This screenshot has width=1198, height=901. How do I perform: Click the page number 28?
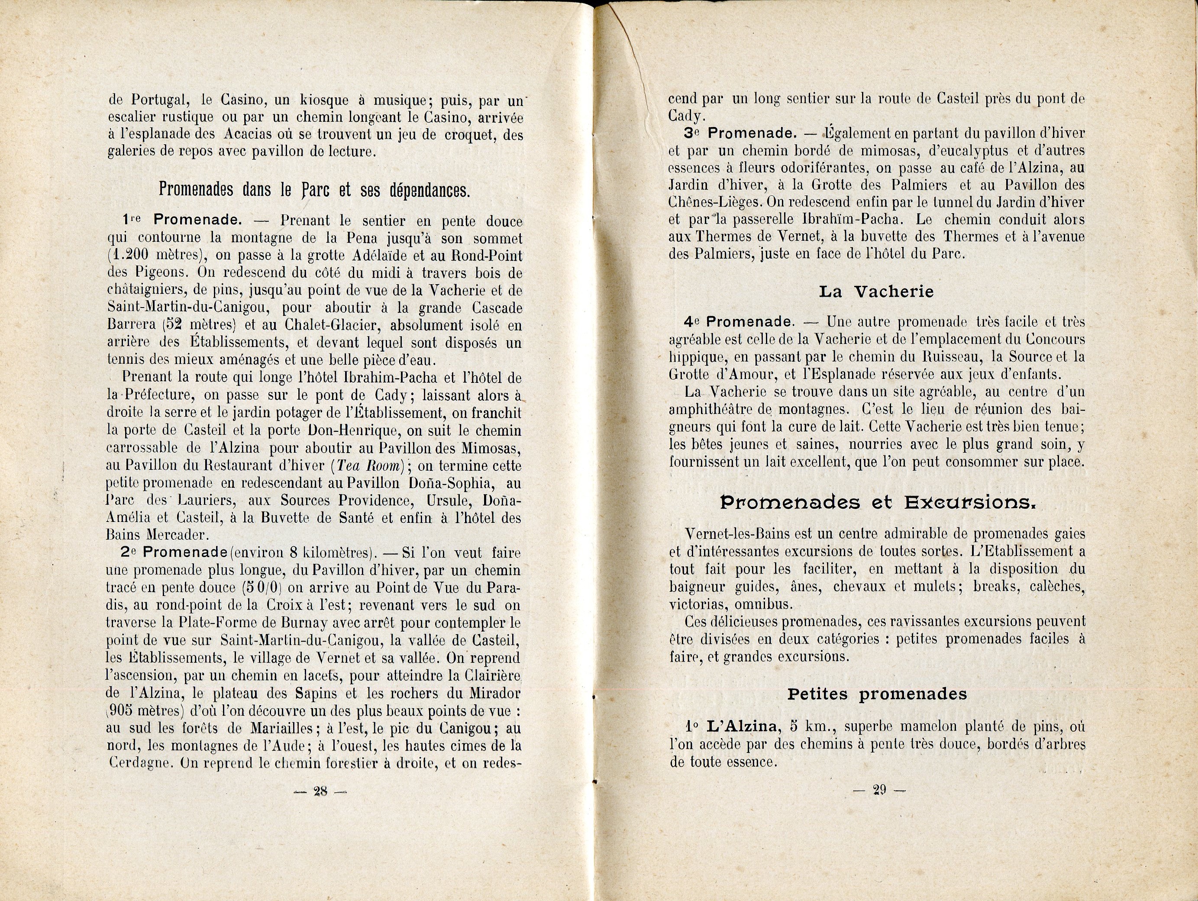pyautogui.click(x=320, y=791)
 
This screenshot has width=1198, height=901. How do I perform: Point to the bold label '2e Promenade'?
pyautogui.click(x=174, y=553)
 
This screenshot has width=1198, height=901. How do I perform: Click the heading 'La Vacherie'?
pyautogui.click(x=876, y=292)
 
